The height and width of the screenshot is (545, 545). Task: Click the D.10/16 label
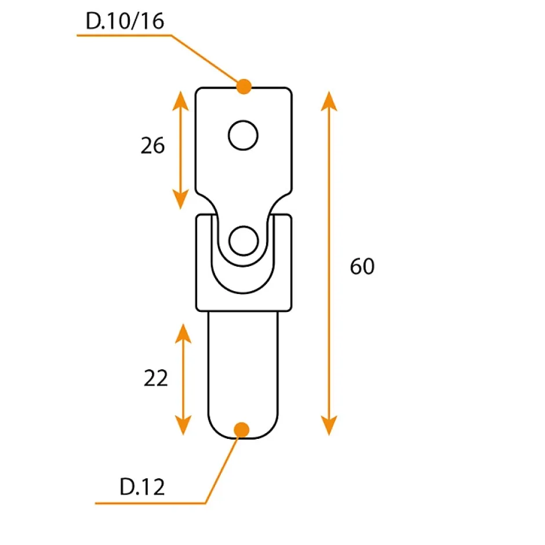coord(125,21)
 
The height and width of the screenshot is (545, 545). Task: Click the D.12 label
coord(143,487)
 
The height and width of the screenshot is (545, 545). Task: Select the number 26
coord(152,146)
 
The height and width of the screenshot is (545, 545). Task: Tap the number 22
coord(155,378)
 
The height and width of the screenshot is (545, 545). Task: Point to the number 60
coord(362,267)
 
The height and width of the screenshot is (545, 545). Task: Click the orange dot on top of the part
coord(244,87)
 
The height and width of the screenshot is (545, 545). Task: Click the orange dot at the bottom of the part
coord(242,430)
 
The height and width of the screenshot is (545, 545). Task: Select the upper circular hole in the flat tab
coord(242,136)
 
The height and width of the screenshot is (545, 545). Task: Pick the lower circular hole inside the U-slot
coord(243,241)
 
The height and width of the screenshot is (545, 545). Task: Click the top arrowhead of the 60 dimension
coord(329,100)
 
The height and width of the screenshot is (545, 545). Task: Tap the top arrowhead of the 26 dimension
coord(181,100)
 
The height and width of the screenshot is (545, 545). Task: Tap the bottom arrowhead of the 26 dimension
coord(181,200)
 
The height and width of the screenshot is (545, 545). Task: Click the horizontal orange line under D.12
coord(151,503)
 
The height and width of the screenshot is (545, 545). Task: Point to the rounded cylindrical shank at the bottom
coord(244,371)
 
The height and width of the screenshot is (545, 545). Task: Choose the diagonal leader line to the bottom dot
coord(223,467)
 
